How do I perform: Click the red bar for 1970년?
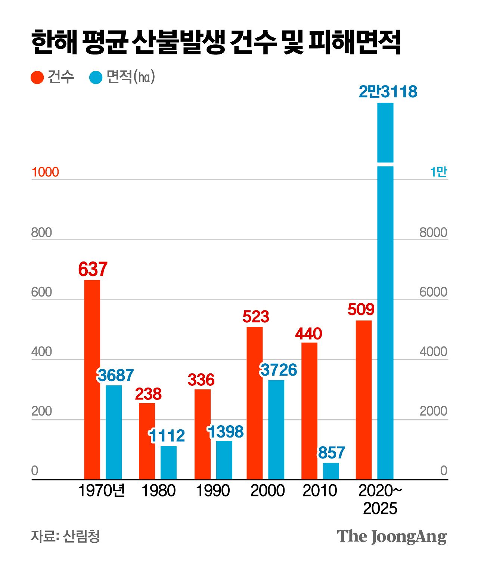click(x=92, y=379)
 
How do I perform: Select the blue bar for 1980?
click(x=168, y=463)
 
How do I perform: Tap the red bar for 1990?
click(x=202, y=434)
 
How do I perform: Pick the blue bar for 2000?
click(x=276, y=430)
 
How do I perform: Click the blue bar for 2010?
click(x=331, y=471)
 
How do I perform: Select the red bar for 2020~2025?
click(x=363, y=400)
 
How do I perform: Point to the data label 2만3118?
click(x=388, y=92)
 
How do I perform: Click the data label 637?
click(x=93, y=269)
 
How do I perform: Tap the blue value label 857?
click(x=331, y=453)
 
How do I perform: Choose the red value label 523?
click(x=256, y=317)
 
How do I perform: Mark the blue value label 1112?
click(x=167, y=436)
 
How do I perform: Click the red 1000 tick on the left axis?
click(x=45, y=172)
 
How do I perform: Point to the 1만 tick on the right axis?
click(x=438, y=172)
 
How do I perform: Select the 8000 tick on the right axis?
click(x=433, y=232)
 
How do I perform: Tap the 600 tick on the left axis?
click(x=41, y=292)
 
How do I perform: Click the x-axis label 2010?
click(x=320, y=491)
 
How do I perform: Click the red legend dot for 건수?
click(x=37, y=78)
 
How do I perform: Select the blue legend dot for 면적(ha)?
click(x=96, y=78)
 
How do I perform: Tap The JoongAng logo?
click(x=391, y=536)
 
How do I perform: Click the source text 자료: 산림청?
click(x=65, y=536)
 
